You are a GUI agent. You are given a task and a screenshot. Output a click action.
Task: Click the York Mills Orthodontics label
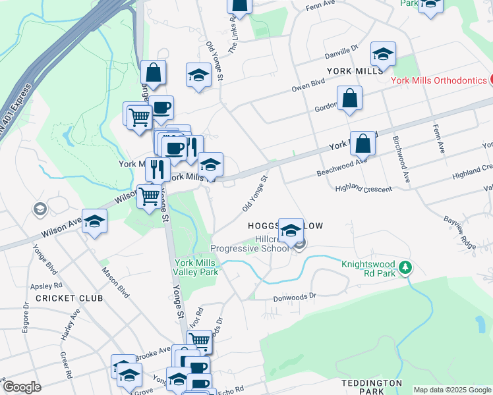click(438, 80)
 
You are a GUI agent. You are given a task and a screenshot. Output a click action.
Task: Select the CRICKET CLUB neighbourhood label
click(69, 298)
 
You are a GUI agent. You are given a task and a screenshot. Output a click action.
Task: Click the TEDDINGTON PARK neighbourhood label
click(372, 387)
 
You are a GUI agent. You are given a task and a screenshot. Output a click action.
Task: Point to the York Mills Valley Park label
click(195, 267)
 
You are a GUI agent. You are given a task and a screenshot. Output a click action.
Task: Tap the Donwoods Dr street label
click(295, 298)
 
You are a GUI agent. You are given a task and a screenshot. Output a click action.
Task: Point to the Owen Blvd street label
click(309, 84)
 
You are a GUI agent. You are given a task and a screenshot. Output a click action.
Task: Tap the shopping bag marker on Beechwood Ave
click(362, 143)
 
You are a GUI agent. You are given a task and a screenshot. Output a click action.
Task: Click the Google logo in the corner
click(22, 387)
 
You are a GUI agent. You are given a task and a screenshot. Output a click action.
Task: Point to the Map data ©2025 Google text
click(453, 390)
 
